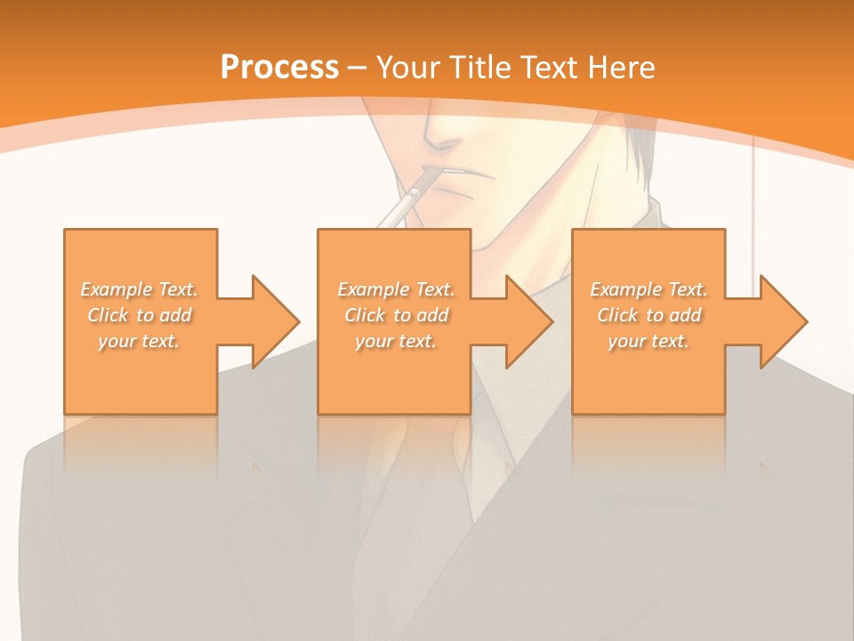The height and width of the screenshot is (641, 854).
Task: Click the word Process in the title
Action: [279, 67]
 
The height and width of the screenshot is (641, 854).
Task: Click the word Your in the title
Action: [407, 67]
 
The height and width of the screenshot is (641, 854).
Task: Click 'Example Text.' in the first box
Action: [140, 289]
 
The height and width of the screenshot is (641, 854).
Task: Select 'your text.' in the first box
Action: [140, 341]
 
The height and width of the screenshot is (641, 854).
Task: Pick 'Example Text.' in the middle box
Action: [396, 289]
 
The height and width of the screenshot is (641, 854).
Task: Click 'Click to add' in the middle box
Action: [396, 315]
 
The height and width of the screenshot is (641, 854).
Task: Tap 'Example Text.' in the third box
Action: [649, 289]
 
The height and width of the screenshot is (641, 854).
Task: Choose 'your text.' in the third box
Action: [649, 341]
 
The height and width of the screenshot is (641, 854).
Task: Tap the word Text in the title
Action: [544, 67]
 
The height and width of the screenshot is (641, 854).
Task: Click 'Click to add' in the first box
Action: [140, 315]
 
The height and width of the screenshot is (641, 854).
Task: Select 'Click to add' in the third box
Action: [649, 315]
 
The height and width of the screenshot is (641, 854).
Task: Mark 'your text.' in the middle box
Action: [396, 341]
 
